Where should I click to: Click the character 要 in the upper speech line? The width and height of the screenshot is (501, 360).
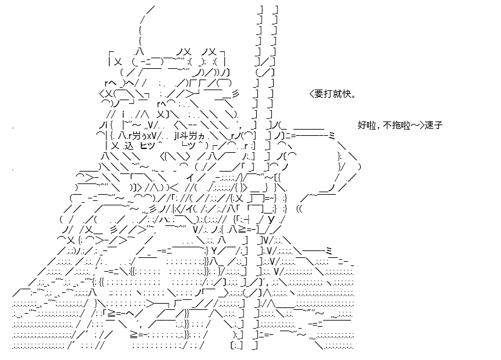(319, 93)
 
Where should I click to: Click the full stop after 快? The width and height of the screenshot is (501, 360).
(353, 96)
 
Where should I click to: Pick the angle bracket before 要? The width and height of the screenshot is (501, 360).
(311, 93)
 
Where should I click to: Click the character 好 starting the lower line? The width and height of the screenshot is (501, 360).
(362, 125)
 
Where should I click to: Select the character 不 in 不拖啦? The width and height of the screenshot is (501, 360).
(387, 125)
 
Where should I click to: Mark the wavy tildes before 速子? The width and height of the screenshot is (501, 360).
(415, 125)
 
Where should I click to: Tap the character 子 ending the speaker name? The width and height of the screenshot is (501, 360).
(438, 125)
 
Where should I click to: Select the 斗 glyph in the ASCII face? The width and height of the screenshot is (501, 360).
(183, 136)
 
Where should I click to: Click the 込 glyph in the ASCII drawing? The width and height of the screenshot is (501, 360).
(128, 146)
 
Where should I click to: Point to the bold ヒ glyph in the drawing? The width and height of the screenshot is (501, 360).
(144, 146)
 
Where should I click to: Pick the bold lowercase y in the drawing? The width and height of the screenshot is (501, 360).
(271, 220)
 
